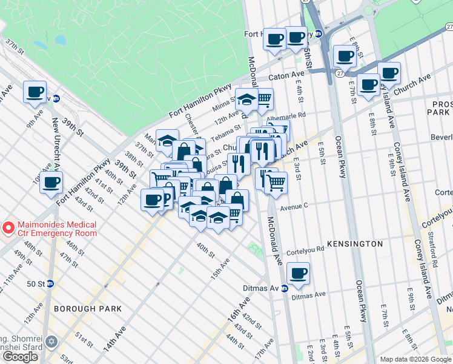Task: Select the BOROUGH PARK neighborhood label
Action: coord(87,309)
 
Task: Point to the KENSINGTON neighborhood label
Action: coord(355,244)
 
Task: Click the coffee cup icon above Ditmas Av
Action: coord(298,273)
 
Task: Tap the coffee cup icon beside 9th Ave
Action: coord(35,92)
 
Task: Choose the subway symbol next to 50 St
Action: coord(50,283)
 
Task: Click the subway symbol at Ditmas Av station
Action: coord(284,288)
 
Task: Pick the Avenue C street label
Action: coord(293,206)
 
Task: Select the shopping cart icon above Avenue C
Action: coord(276,181)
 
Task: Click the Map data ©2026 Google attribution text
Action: coord(415,359)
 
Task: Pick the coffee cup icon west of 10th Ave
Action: coord(51,181)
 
